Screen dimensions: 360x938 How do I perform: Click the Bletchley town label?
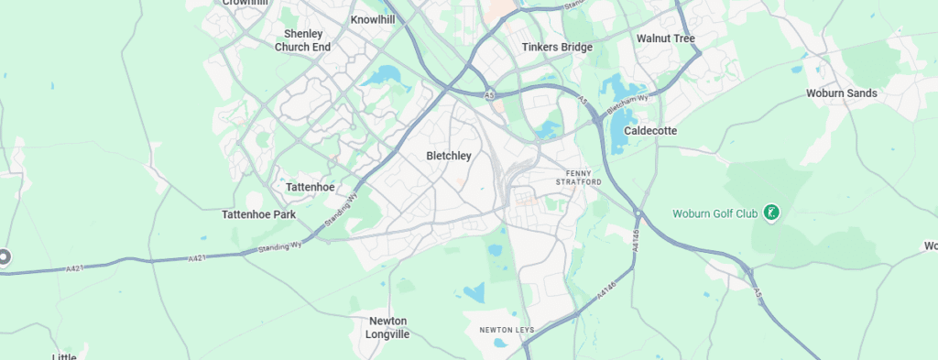coord(449,156)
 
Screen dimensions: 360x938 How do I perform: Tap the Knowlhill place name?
coord(372,19)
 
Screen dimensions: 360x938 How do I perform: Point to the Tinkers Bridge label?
coord(557,47)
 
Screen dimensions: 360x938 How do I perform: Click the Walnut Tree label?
coord(666,38)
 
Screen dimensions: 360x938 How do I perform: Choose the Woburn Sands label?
coord(842,93)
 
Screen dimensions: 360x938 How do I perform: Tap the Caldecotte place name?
coord(650,131)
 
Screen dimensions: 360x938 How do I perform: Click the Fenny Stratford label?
coord(579,178)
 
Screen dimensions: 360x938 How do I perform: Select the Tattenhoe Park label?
coord(259,214)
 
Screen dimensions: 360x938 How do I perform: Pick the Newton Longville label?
coord(387,328)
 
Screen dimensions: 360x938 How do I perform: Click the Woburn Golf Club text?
coord(715,213)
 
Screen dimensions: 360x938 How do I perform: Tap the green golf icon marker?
coord(772,213)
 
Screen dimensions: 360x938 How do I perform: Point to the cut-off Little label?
coord(64,356)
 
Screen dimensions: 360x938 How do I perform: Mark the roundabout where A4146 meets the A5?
coord(638,214)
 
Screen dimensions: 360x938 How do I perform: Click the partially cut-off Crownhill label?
coord(245,3)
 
